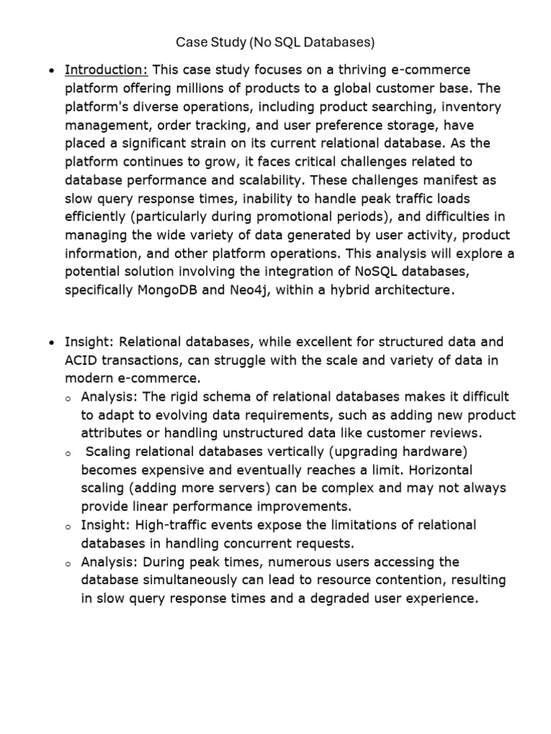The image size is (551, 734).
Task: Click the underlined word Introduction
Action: click(106, 70)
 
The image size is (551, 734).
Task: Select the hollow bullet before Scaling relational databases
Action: click(67, 453)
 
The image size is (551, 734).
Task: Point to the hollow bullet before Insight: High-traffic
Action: click(67, 527)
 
